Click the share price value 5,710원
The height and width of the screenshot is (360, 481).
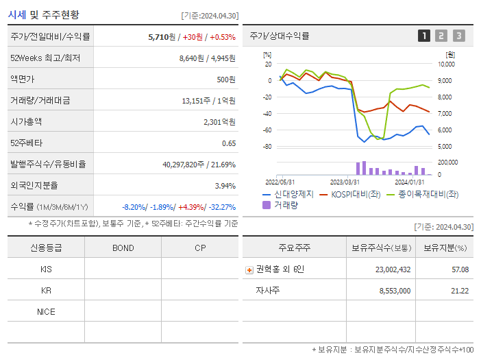pyautogui.click(x=163, y=37)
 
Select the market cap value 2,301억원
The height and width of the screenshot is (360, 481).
pyautogui.click(x=219, y=122)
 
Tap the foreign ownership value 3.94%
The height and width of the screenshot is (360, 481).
pyautogui.click(x=225, y=186)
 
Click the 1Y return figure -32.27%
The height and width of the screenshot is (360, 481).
pyautogui.click(x=220, y=207)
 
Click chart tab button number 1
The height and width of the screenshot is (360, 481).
pyautogui.click(x=424, y=36)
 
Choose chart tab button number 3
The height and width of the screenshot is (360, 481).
pyautogui.click(x=458, y=36)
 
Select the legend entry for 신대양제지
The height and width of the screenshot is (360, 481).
pyautogui.click(x=288, y=194)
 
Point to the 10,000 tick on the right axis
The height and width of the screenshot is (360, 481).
pyautogui.click(x=446, y=64)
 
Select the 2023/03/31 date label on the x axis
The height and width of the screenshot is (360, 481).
pyautogui.click(x=345, y=182)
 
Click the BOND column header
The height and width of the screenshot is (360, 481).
pyautogui.click(x=123, y=248)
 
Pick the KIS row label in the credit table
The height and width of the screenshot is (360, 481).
pyautogui.click(x=46, y=269)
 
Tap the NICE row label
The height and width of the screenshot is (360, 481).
pyautogui.click(x=46, y=312)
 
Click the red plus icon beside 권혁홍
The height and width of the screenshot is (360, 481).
pyautogui.click(x=249, y=270)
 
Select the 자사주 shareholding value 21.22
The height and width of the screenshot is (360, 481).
pyautogui.click(x=460, y=291)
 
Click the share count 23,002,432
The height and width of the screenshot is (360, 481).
pyautogui.click(x=393, y=269)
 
